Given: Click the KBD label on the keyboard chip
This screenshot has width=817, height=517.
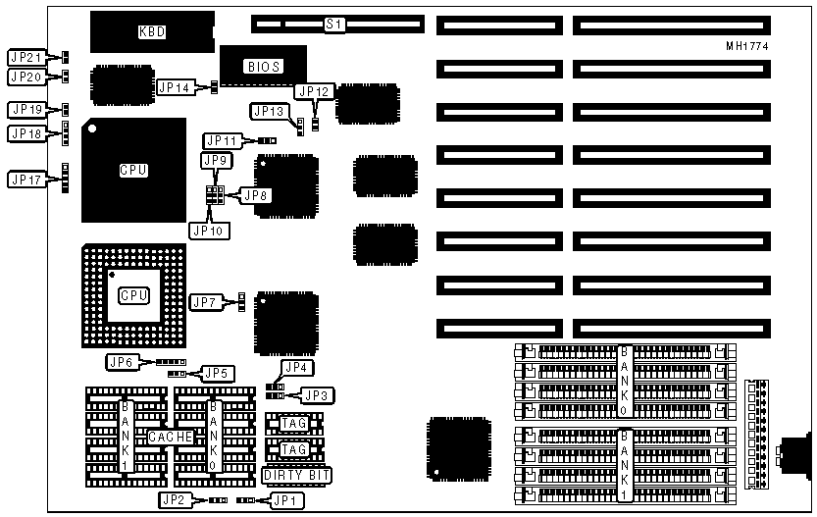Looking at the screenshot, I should [152, 31].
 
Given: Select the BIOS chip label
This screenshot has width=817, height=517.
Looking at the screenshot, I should [262, 67].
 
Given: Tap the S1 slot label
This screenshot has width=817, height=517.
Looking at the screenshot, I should [334, 22].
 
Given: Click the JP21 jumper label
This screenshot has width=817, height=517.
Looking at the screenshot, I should [26, 57].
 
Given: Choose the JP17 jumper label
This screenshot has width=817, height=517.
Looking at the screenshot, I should [26, 180].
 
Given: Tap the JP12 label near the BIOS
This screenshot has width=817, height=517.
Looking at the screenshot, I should [315, 92].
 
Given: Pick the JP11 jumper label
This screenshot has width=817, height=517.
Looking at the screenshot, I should [223, 140].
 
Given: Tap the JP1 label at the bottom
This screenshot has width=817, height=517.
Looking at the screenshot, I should [285, 500].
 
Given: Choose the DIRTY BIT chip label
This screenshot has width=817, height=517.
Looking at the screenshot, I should [297, 476].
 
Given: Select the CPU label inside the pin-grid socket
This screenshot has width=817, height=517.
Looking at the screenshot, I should [134, 295].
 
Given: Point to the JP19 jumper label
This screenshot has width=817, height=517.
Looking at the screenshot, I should [26, 109].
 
